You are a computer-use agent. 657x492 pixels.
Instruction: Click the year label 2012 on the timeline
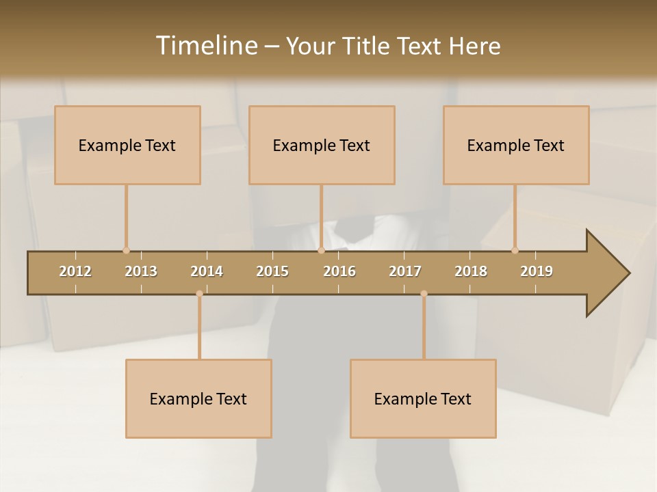(75, 271)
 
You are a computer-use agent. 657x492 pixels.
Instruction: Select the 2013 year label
(141, 271)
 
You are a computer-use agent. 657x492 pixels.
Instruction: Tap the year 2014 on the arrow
(207, 271)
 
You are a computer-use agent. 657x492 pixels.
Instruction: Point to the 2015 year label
(272, 271)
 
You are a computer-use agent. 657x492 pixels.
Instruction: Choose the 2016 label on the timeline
(339, 271)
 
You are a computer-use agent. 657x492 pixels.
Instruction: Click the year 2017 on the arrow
(405, 271)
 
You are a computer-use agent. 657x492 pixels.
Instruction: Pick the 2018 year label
(471, 271)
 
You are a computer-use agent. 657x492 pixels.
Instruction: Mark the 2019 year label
(537, 271)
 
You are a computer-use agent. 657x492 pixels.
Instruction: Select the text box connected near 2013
(127, 145)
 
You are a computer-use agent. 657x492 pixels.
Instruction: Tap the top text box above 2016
(322, 145)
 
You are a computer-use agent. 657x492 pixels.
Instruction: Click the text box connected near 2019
(516, 145)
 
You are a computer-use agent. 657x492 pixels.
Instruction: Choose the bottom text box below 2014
(198, 398)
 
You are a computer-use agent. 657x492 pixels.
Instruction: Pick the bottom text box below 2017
(423, 398)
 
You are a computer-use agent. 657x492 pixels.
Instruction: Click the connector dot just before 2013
(126, 251)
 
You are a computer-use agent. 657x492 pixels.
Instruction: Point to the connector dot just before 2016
(321, 251)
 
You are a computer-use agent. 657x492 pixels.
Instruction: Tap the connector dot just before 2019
(515, 251)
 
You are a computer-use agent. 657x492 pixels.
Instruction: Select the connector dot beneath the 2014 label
(199, 294)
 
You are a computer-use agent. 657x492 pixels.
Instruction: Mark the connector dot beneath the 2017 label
(424, 294)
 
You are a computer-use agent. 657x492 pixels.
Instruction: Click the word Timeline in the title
(205, 46)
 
